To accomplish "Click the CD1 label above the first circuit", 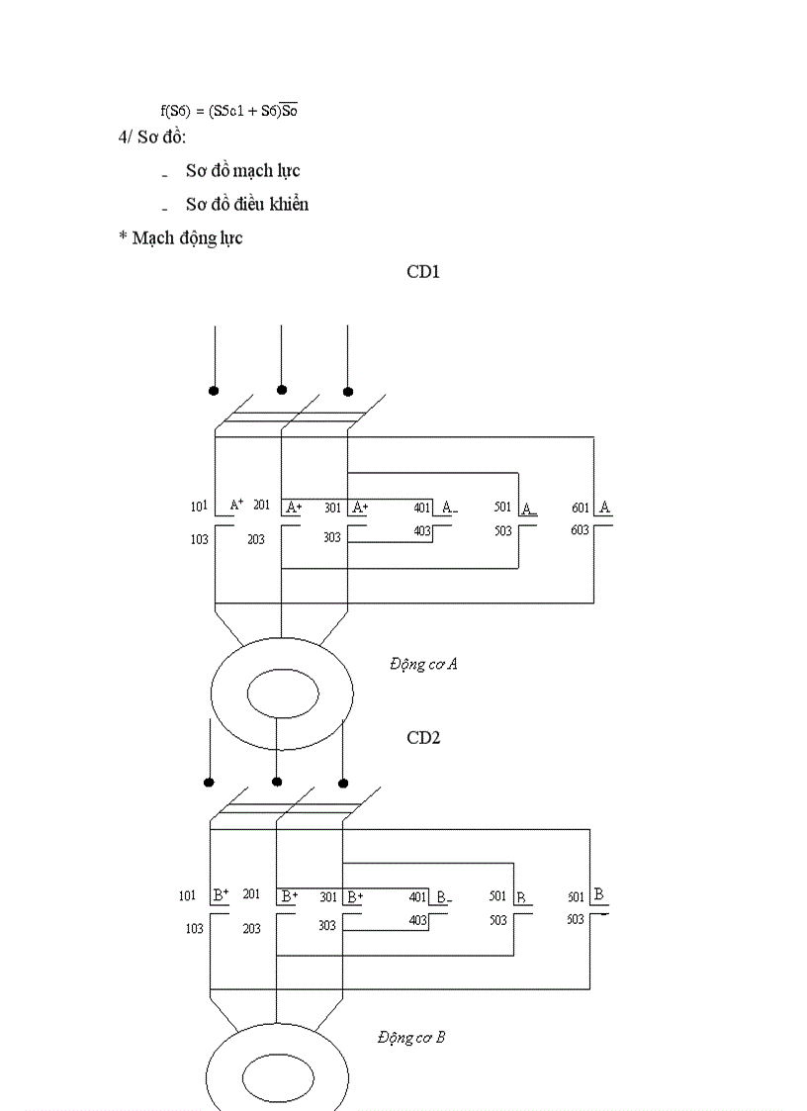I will tap(423, 271).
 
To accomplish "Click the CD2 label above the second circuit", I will tap(423, 737).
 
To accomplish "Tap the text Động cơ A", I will tap(423, 665).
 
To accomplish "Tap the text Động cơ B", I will tap(411, 1037).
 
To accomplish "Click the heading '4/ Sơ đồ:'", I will tap(152, 137).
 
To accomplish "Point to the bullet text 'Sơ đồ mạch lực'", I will tap(242, 171).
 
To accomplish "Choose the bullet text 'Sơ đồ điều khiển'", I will tap(247, 205).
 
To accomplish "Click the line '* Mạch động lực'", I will tap(180, 238).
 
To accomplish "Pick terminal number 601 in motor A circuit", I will tap(581, 509).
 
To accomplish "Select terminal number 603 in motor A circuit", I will tap(580, 530).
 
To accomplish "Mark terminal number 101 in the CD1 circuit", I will tap(199, 507).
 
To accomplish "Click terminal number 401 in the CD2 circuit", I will tap(418, 897).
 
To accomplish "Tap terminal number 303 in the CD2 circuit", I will tap(326, 925).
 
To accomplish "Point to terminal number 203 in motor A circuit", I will tap(256, 540).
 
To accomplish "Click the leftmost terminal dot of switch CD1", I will tap(214, 391).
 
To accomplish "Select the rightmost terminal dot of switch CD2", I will tap(343, 783).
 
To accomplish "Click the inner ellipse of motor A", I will tap(282, 693).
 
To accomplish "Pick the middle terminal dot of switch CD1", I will tap(282, 390).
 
